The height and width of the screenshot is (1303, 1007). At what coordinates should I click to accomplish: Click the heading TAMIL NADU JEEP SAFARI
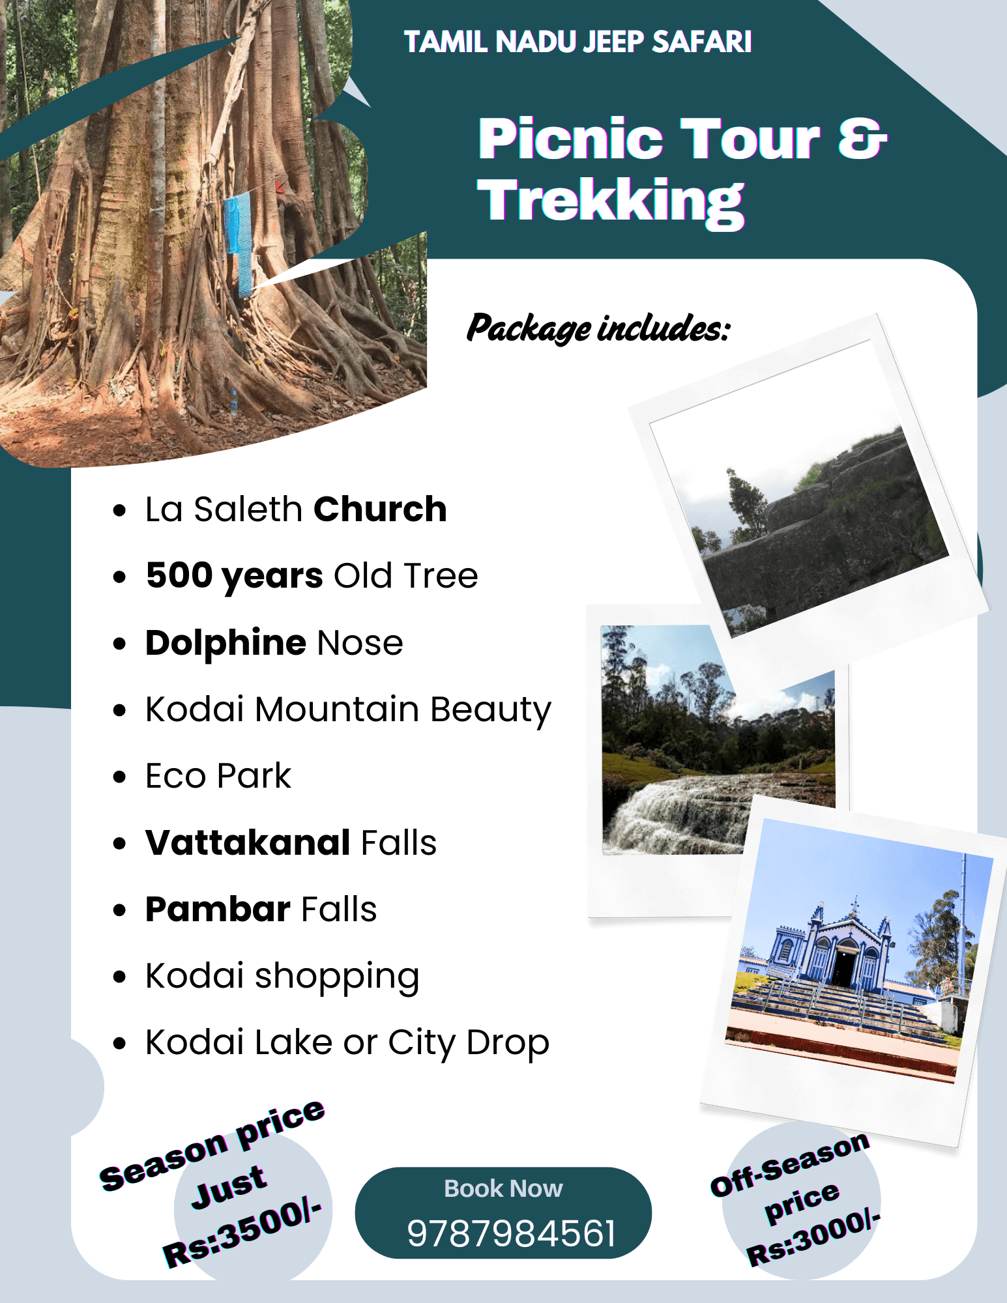(577, 42)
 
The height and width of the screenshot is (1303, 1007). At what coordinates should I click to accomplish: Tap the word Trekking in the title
(611, 202)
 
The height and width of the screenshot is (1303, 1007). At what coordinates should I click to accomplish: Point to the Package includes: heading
(598, 328)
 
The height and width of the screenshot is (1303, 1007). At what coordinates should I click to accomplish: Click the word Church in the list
(381, 509)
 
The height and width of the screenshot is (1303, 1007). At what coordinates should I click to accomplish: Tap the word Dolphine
(226, 643)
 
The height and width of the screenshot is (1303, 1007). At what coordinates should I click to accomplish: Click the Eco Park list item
(218, 776)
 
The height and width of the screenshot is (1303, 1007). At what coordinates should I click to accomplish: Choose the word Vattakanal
(248, 842)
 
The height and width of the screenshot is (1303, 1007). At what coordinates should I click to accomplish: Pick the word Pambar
(218, 909)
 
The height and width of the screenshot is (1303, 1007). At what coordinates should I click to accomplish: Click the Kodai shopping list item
(282, 977)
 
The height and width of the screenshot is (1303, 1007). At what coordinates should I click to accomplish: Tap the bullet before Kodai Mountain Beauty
(119, 709)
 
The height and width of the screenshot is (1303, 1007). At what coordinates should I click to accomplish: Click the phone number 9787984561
(511, 1233)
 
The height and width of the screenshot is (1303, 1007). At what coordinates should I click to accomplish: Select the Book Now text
(503, 1188)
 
